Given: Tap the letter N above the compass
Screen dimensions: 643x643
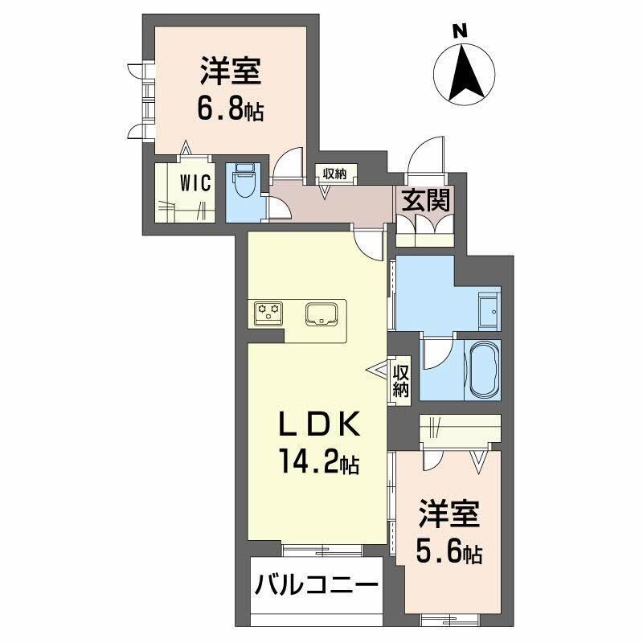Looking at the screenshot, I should pos(459,31).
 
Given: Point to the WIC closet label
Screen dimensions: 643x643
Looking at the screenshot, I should pos(195,183).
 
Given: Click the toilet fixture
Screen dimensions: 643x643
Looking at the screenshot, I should pos(244,182).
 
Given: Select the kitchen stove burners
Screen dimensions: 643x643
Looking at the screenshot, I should pos(268,312).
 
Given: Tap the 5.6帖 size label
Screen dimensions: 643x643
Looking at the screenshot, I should pos(448,552).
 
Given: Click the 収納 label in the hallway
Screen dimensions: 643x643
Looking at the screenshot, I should pos(335,173).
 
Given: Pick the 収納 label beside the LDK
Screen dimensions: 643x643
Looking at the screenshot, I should pos(401,381).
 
